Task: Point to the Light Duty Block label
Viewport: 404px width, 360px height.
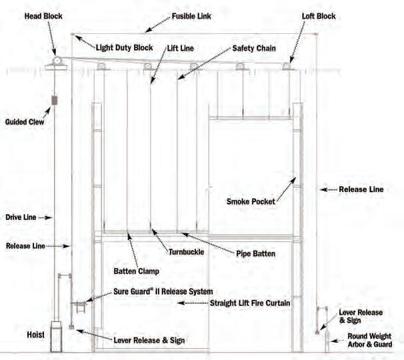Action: click(x=124, y=48)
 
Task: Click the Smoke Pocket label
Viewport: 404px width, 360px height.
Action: click(x=250, y=200)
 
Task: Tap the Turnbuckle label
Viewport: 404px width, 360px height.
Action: click(x=186, y=252)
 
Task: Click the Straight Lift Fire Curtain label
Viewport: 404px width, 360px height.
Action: click(x=250, y=303)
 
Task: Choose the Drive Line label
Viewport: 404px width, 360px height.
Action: click(x=19, y=217)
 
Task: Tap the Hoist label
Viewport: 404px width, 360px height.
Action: click(x=35, y=333)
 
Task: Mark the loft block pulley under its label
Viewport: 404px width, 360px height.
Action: click(x=287, y=66)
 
